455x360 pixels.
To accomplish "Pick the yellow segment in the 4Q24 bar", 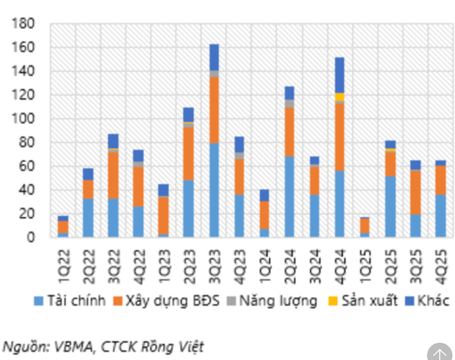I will (x=340, y=97).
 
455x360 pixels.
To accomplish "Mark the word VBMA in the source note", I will (x=71, y=347).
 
